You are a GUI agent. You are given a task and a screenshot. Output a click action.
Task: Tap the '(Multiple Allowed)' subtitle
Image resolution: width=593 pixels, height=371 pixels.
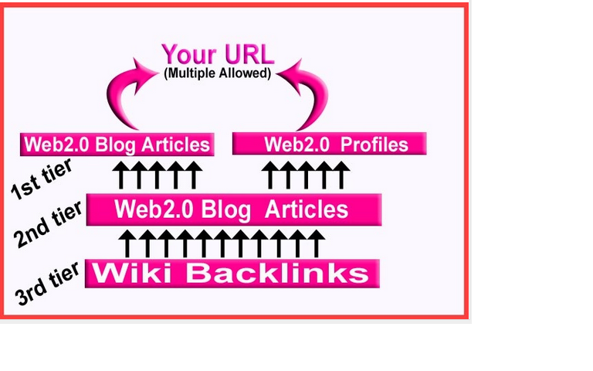pyautogui.click(x=217, y=74)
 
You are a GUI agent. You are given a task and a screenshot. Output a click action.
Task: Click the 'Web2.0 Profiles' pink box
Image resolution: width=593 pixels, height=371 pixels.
pyautogui.click(x=330, y=144)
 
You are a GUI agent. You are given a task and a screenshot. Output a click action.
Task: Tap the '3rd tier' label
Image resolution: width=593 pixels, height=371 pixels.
pyautogui.click(x=48, y=282)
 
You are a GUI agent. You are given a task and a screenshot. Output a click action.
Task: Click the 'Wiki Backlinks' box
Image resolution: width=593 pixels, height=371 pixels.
pyautogui.click(x=232, y=273)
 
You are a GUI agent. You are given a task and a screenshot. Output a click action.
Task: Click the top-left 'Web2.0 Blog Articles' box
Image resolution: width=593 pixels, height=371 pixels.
pyautogui.click(x=117, y=145)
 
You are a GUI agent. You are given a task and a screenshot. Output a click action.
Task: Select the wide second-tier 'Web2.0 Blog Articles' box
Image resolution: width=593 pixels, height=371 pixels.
pyautogui.click(x=233, y=209)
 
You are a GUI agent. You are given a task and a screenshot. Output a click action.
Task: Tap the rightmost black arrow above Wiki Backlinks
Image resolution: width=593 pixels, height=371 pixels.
pyautogui.click(x=315, y=243)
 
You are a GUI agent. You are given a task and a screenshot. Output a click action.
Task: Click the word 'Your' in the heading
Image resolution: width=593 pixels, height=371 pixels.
pyautogui.click(x=188, y=54)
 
